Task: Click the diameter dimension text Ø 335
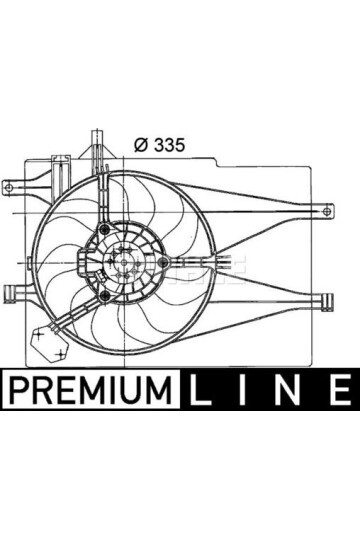tap(160, 145)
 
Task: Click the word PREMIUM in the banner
tap(91, 391)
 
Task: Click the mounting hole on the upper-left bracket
tap(9, 187)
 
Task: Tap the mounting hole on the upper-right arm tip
tap(327, 211)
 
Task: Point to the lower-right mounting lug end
tap(327, 302)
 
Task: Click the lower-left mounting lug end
tap(10, 293)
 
